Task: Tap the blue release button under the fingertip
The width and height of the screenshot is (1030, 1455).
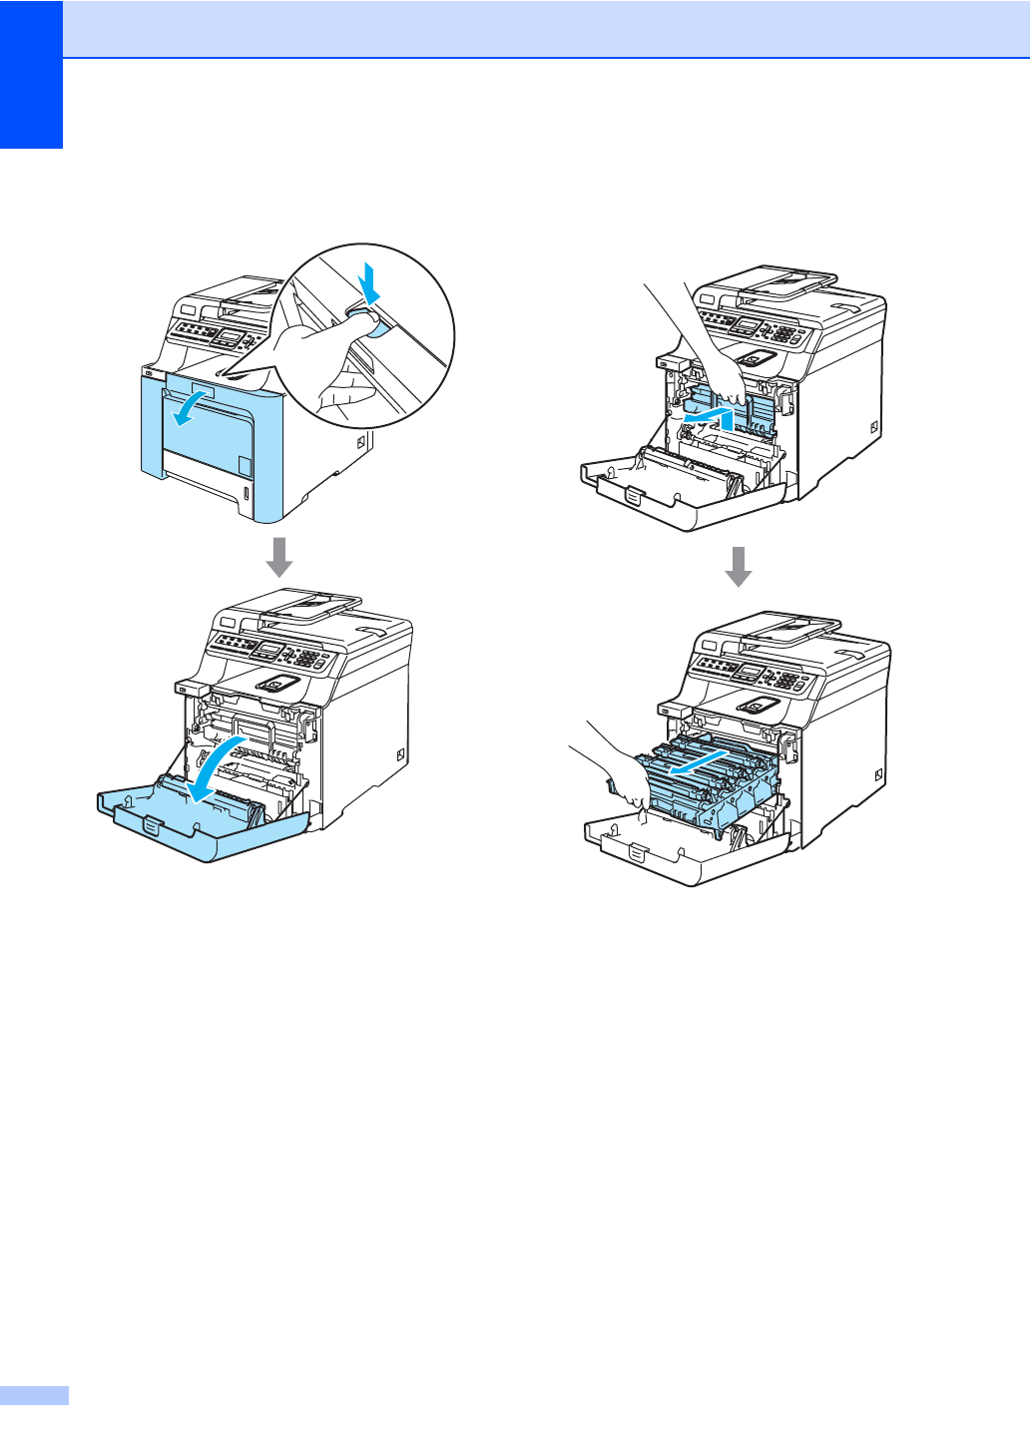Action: click(x=367, y=321)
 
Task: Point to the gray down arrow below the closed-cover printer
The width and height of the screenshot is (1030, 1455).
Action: click(x=279, y=557)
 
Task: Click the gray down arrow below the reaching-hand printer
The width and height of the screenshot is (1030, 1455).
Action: click(x=738, y=566)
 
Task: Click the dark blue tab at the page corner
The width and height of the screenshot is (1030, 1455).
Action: click(x=31, y=74)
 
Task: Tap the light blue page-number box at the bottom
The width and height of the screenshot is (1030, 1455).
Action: click(x=34, y=1395)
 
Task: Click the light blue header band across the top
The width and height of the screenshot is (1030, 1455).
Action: click(x=545, y=28)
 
